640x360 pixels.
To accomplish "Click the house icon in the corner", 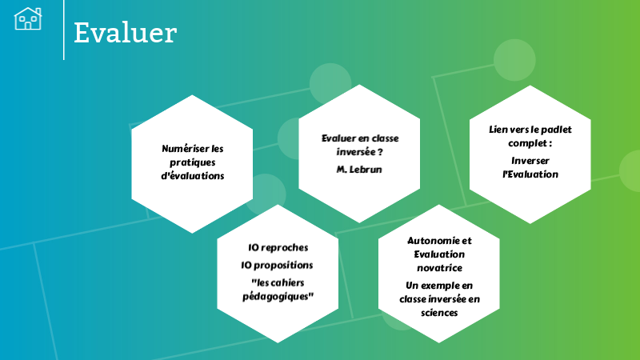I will click(28, 18).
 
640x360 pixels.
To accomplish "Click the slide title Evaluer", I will click(125, 33).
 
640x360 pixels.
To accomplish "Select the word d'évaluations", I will click(191, 175).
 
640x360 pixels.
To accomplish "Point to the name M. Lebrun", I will click(359, 169).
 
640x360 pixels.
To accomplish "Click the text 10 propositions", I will click(278, 265).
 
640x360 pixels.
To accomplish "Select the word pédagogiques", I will click(278, 296).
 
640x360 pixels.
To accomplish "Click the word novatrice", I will click(439, 268).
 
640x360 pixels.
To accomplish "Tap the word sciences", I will click(439, 313).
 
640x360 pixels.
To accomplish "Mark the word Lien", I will click(498, 129).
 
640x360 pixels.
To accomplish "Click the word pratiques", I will click(191, 162).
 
